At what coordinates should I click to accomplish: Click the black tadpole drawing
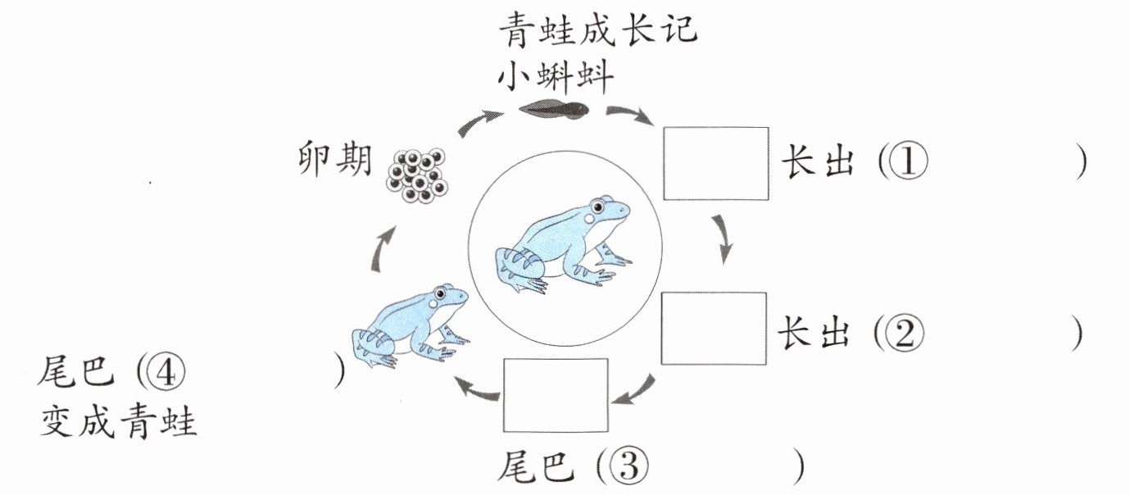pos(556,108)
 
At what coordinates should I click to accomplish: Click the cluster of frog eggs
pos(418,175)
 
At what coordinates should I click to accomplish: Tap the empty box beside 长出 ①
pos(715,163)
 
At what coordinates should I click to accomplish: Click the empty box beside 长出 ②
pos(714,328)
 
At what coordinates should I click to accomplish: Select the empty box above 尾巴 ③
pos(556,395)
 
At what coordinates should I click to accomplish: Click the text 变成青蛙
pos(119,423)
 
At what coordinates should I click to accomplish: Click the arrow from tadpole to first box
pos(629,116)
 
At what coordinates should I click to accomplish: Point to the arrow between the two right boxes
pos(722,238)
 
